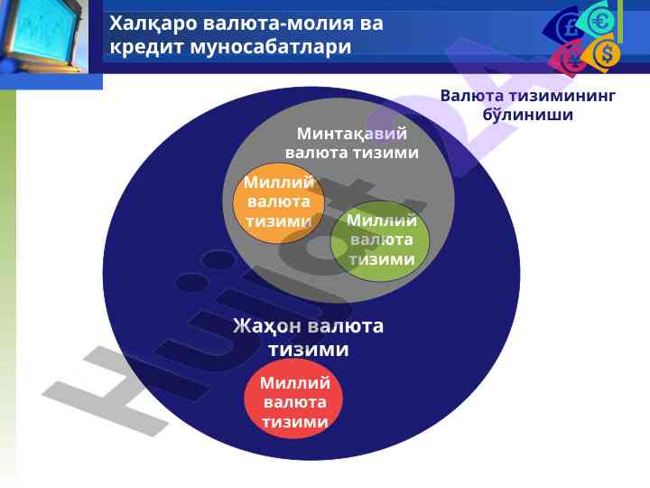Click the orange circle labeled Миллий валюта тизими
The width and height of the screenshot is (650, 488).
[278, 203]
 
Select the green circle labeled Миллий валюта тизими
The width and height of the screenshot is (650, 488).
[380, 241]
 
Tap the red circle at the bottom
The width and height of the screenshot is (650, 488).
[294, 399]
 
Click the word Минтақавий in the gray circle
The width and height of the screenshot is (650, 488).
[352, 134]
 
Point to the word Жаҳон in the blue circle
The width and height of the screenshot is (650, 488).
[266, 326]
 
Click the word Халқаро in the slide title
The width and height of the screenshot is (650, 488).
[153, 23]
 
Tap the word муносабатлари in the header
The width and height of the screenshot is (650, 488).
[271, 46]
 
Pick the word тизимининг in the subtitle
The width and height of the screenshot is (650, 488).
[562, 96]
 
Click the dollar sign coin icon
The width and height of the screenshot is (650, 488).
[607, 53]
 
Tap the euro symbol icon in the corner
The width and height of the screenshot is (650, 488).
[601, 21]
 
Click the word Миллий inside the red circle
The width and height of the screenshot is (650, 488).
[295, 382]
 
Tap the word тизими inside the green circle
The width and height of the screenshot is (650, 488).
[381, 259]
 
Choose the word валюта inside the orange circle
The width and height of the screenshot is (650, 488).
[279, 202]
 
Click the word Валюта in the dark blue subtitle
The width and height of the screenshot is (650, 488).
[472, 96]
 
